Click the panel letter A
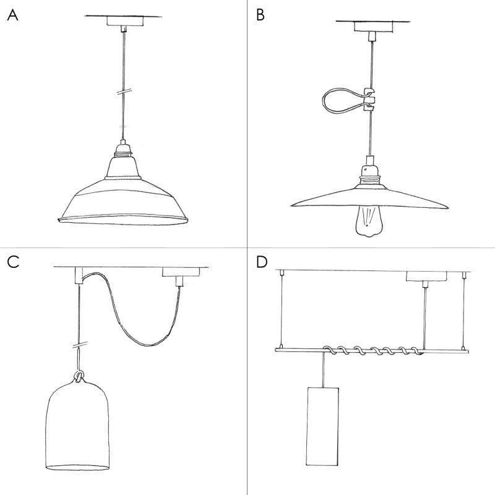[x=12, y=15]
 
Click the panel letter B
[x=260, y=15]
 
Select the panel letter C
[x=13, y=262]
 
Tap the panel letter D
[x=262, y=262]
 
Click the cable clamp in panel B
[x=370, y=99]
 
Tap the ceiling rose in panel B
[x=370, y=27]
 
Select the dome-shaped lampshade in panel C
[x=79, y=427]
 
